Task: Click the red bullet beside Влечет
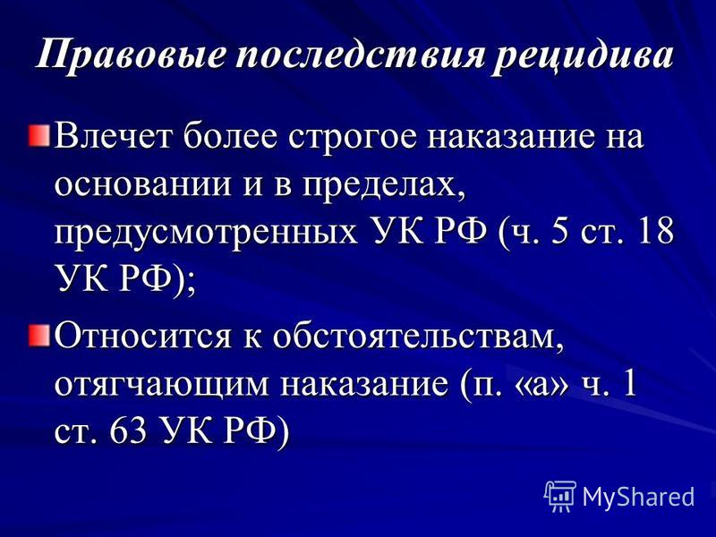click(x=39, y=136)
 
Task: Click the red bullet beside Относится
click(x=39, y=336)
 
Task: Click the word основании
click(x=142, y=184)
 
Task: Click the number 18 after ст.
click(x=655, y=231)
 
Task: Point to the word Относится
click(x=142, y=337)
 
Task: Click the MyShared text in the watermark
click(x=639, y=496)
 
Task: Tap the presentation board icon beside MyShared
click(x=561, y=495)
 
